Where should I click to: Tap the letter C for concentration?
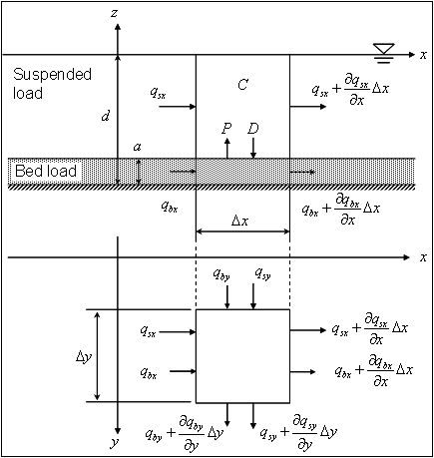242,85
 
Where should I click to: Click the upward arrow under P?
227,148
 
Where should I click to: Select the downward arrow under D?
253,148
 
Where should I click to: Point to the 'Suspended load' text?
52,84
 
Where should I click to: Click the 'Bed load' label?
46,171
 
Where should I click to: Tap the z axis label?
115,13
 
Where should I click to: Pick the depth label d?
106,116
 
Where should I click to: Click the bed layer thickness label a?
137,147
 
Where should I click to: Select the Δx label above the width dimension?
239,221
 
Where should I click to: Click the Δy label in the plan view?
84,356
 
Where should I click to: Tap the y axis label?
115,443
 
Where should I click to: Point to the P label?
226,128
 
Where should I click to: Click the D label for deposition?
253,128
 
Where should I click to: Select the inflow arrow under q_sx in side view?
178,107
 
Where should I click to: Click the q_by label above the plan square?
221,275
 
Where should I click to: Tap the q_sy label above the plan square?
262,274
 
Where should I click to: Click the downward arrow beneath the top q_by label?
227,297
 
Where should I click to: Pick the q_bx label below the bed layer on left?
170,207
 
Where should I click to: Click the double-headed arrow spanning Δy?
97,356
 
